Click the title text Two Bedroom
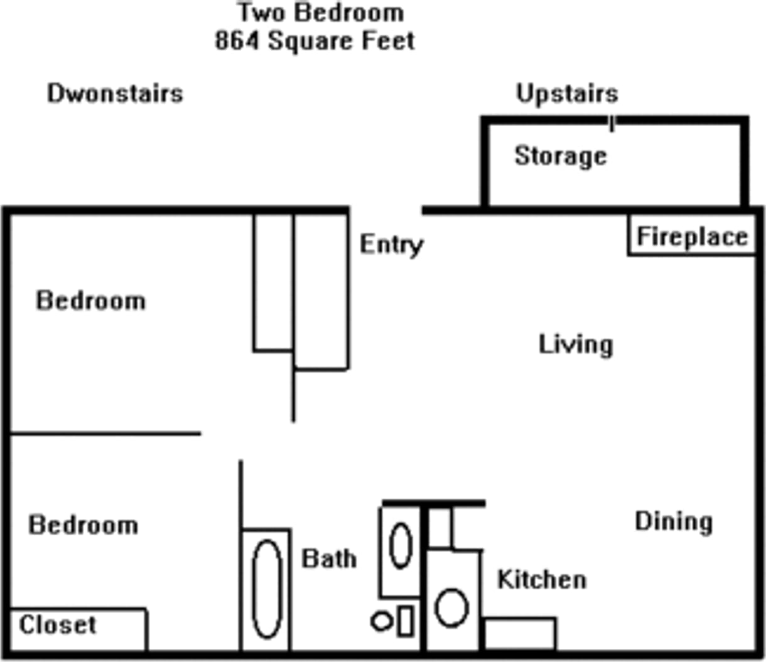point(320,13)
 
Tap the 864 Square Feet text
point(315,41)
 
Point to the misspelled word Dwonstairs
point(115,93)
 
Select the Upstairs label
point(567,93)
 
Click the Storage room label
point(561,156)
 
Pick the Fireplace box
point(692,237)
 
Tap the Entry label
point(391,244)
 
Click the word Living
point(576,344)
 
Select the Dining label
point(674,521)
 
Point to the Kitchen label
point(542,580)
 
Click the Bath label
point(329,558)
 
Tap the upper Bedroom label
point(91,301)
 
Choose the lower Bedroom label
point(84,525)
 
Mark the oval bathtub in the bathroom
point(266,589)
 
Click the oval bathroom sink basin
point(401,545)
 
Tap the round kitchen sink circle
point(451,607)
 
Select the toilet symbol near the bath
point(392,621)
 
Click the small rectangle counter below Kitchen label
point(520,634)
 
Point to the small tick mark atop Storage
point(612,124)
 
